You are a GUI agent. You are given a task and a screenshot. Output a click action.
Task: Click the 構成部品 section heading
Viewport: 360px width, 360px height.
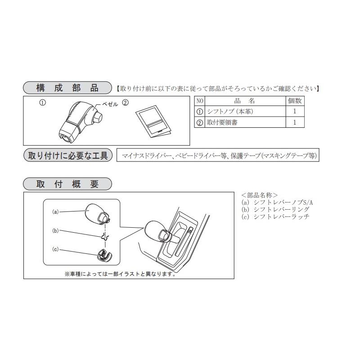(x=67, y=88)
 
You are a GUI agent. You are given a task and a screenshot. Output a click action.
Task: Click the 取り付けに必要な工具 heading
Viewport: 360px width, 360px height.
(x=67, y=156)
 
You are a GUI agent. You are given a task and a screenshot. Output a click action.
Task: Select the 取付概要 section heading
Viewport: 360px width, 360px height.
(x=67, y=184)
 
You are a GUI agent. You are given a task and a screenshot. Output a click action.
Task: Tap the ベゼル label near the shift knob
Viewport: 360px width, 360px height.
(x=109, y=104)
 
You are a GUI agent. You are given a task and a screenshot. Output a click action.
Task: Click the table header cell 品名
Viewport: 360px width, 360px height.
(x=245, y=101)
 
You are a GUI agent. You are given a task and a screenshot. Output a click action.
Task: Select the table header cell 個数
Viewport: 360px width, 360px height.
(x=295, y=101)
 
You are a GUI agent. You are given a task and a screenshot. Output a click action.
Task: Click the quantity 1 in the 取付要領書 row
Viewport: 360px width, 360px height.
(x=295, y=122)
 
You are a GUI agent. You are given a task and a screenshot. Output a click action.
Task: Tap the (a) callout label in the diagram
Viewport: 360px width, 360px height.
(x=56, y=211)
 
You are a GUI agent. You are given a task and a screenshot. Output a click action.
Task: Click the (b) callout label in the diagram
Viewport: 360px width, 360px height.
(x=56, y=231)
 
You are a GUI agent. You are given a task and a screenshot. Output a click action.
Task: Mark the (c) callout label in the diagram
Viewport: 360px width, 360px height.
(x=56, y=249)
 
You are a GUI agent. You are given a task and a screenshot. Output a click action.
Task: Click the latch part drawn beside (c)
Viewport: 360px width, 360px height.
(x=103, y=255)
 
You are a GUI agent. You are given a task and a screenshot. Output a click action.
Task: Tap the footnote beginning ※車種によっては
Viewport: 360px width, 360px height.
(x=120, y=273)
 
